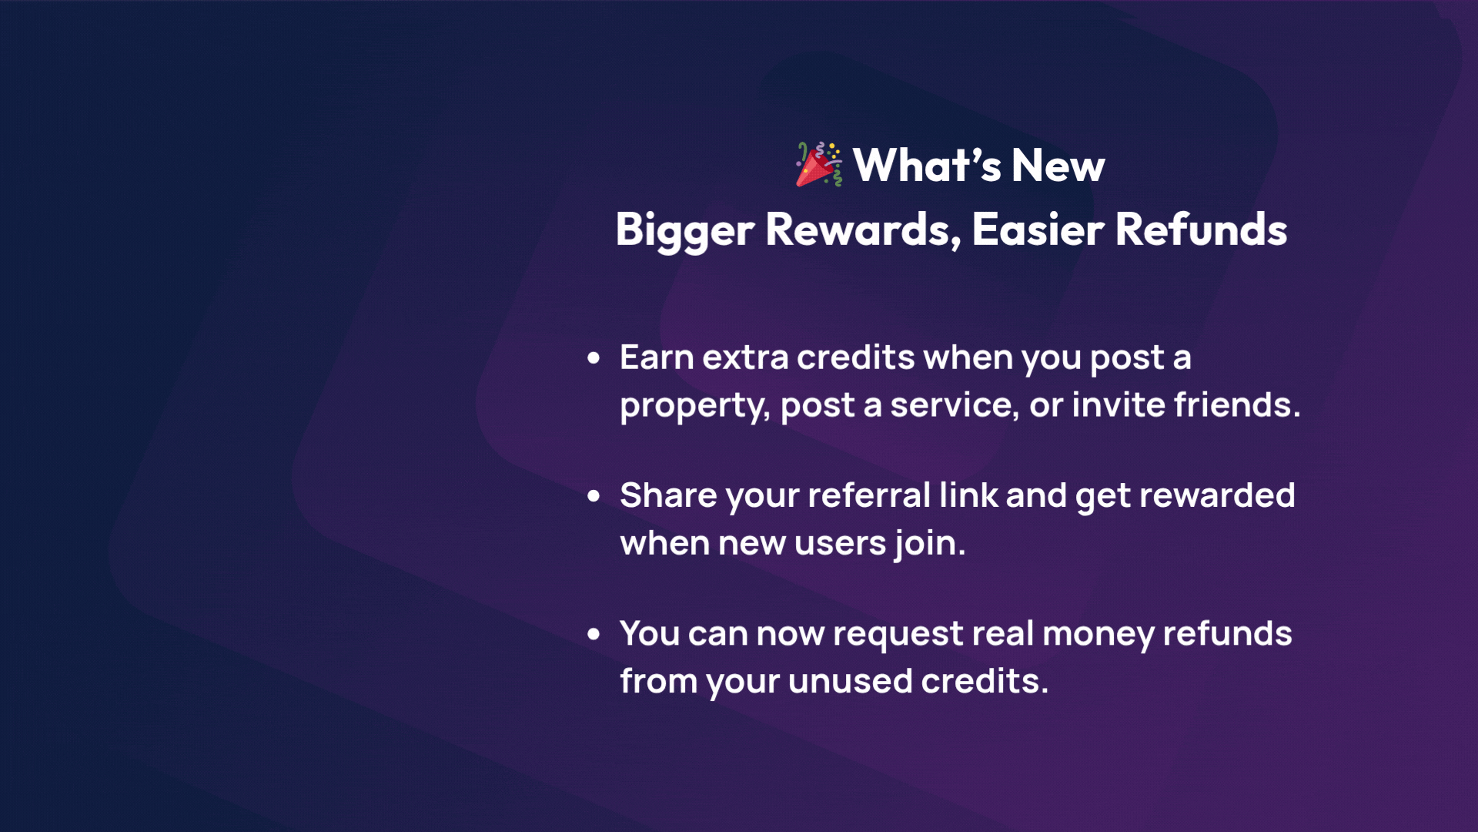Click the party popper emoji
(x=819, y=164)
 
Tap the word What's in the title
(x=928, y=165)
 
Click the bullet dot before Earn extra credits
(x=594, y=357)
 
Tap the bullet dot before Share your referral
(x=594, y=496)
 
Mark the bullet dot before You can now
(x=594, y=634)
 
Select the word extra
(x=745, y=358)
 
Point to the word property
(x=695, y=407)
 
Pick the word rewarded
(x=1217, y=495)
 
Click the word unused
(x=850, y=682)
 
